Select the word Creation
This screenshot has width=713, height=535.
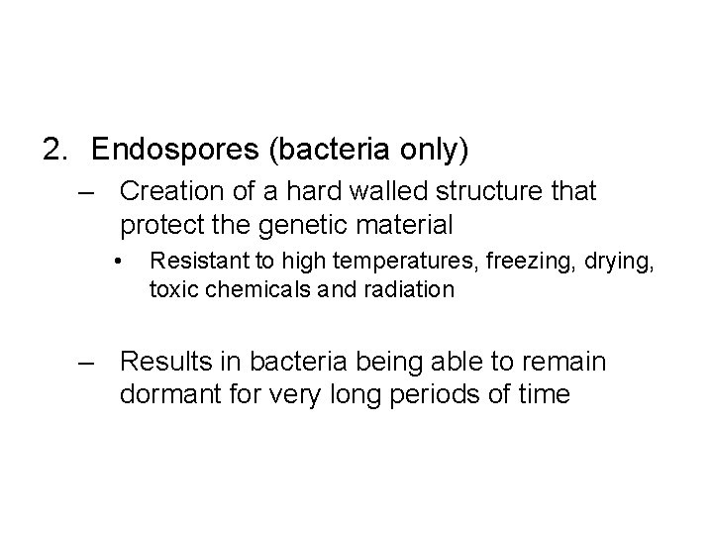coord(167,190)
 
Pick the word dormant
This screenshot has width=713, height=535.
coord(168,395)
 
